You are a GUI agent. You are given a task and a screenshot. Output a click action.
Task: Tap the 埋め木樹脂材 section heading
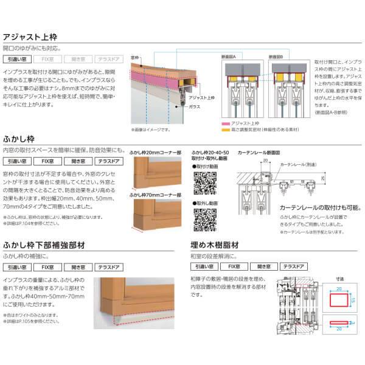213,245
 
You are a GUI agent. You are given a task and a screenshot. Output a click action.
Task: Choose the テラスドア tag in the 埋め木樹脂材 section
294,266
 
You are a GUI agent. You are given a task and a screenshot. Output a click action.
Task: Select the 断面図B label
283,55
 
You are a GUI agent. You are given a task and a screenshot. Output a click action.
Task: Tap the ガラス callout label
195,106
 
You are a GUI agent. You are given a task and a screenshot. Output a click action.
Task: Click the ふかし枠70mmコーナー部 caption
154,195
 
